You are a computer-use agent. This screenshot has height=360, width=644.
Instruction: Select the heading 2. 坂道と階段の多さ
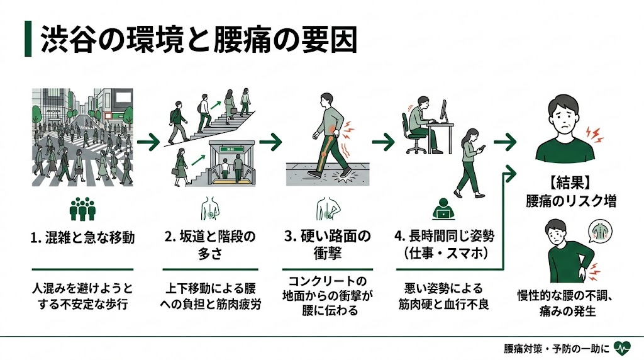(x=210, y=245)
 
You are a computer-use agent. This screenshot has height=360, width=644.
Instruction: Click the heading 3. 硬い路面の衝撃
(x=327, y=245)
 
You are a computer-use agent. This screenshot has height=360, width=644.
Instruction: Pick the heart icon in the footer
(x=622, y=347)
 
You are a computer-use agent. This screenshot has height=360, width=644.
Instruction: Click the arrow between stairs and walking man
(x=270, y=142)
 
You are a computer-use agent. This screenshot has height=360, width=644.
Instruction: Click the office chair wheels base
(x=416, y=149)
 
